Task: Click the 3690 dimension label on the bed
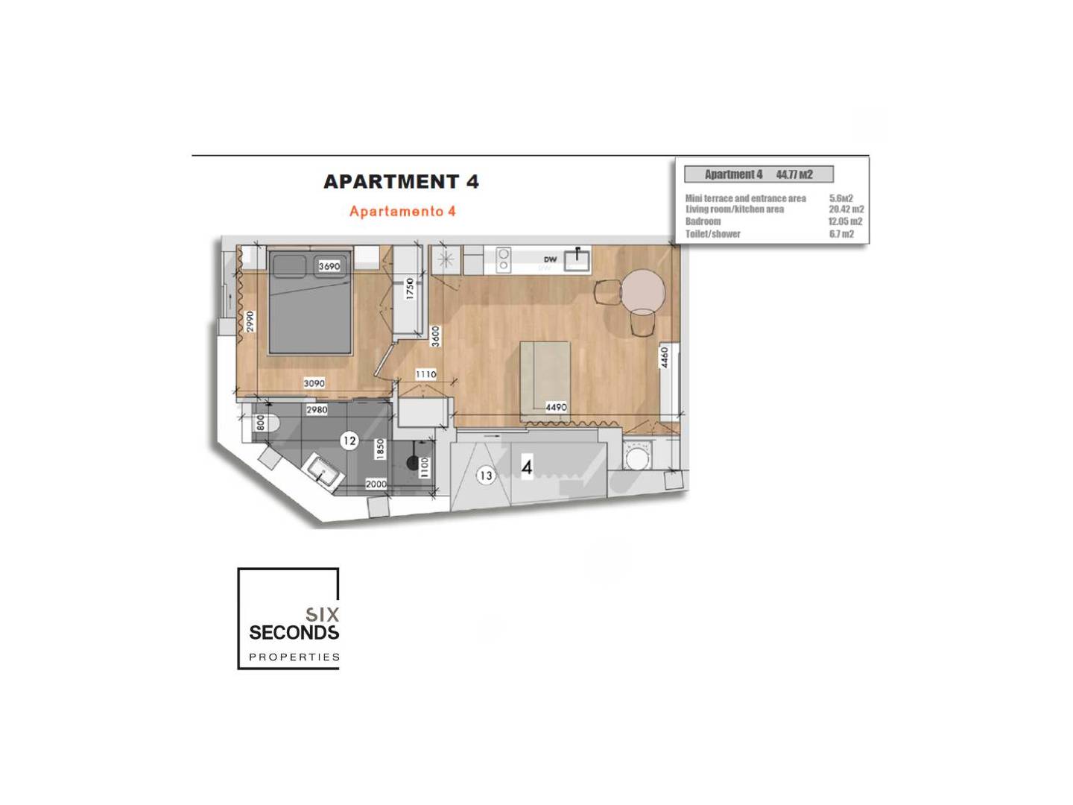(x=329, y=266)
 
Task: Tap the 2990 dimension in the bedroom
(x=250, y=321)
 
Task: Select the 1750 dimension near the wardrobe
(x=410, y=288)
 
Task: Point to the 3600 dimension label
(x=436, y=336)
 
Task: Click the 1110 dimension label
(x=425, y=374)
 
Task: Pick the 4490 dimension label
(x=556, y=407)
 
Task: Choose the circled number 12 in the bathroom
(x=349, y=441)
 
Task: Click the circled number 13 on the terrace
(x=486, y=475)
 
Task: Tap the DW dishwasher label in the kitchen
(x=551, y=259)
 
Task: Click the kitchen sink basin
(x=577, y=260)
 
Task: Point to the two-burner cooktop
(x=503, y=259)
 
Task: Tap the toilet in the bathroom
(x=265, y=423)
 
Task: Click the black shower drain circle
(x=413, y=462)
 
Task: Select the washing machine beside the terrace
(x=637, y=455)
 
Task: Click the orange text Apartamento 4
(x=402, y=211)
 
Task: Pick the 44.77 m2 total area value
(x=794, y=174)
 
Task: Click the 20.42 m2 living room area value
(x=846, y=209)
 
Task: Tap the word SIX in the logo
(x=322, y=614)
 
